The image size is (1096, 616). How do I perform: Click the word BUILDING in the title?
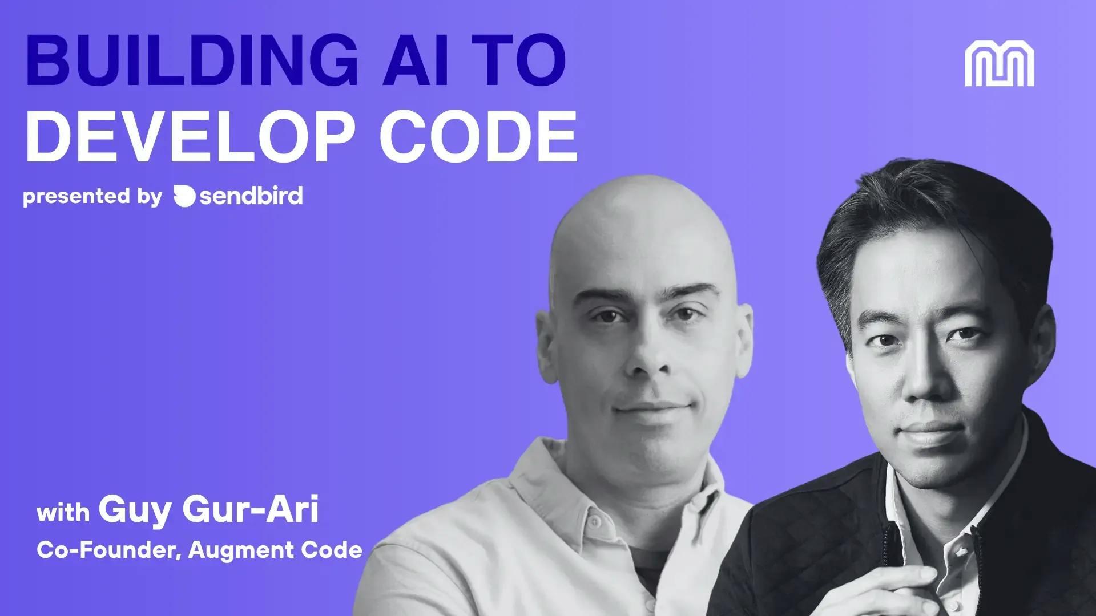point(192,60)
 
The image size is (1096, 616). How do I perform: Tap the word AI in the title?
point(416,60)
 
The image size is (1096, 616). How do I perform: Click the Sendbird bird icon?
point(184,196)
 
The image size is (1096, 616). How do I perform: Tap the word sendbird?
point(251,196)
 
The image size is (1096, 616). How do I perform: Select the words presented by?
point(92,197)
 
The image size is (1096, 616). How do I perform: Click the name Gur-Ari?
point(251,509)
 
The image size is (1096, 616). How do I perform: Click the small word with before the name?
point(63,512)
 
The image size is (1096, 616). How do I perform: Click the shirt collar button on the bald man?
point(594,522)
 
